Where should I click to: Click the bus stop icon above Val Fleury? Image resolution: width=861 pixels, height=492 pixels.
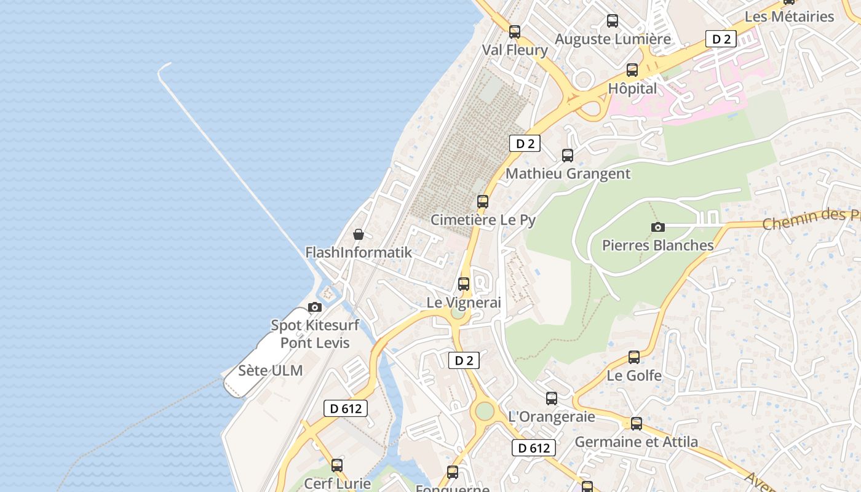coord(515,32)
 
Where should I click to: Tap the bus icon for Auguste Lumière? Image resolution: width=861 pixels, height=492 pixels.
coord(613,21)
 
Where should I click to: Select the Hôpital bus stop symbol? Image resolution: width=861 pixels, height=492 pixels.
coord(632,70)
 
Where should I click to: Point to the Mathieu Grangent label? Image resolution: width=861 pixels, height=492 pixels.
coord(568,173)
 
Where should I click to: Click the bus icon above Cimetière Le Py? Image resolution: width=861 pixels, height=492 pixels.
coord(483,202)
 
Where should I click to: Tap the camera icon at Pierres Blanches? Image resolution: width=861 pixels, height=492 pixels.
coord(658,227)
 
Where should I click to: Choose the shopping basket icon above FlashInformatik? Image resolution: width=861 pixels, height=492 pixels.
coord(359,234)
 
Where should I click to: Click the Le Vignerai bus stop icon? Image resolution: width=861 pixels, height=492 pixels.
coord(464,284)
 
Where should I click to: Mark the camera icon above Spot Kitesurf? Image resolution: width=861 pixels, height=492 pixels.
coord(315,307)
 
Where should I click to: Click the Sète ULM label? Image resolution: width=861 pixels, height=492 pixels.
coord(271,371)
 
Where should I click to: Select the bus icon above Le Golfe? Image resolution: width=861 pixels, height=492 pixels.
coord(634,357)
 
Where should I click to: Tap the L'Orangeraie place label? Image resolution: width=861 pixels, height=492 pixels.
coord(552,416)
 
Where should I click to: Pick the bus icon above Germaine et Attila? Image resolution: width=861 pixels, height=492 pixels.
coord(637,424)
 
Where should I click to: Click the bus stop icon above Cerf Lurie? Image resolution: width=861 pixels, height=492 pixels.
coord(337,466)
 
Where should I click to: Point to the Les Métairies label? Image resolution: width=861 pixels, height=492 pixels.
coord(789,17)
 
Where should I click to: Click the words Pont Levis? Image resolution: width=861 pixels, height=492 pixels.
coord(315,343)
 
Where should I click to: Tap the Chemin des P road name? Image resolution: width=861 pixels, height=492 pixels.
coord(811,218)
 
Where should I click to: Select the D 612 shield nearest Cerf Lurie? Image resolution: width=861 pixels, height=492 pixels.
coord(345,408)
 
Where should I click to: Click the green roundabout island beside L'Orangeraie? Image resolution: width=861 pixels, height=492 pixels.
coord(485,410)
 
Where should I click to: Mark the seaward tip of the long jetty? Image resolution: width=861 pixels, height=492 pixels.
coord(162,66)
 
